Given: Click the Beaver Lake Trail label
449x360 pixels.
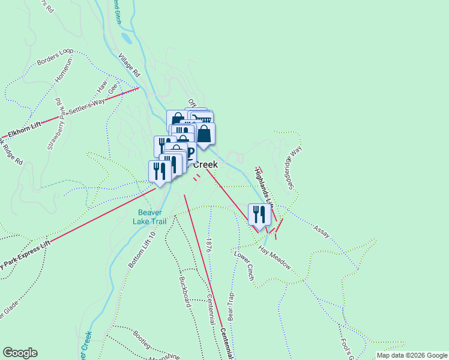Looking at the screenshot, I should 151,217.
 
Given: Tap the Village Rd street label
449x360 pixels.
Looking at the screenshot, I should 128,65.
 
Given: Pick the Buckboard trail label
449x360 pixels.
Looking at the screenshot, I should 185,291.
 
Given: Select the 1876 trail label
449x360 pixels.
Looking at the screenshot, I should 208,245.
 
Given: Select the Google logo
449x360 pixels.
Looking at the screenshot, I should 20,353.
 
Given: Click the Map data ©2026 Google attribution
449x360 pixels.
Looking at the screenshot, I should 411,355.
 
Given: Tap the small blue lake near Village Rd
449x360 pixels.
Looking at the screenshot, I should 125,38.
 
